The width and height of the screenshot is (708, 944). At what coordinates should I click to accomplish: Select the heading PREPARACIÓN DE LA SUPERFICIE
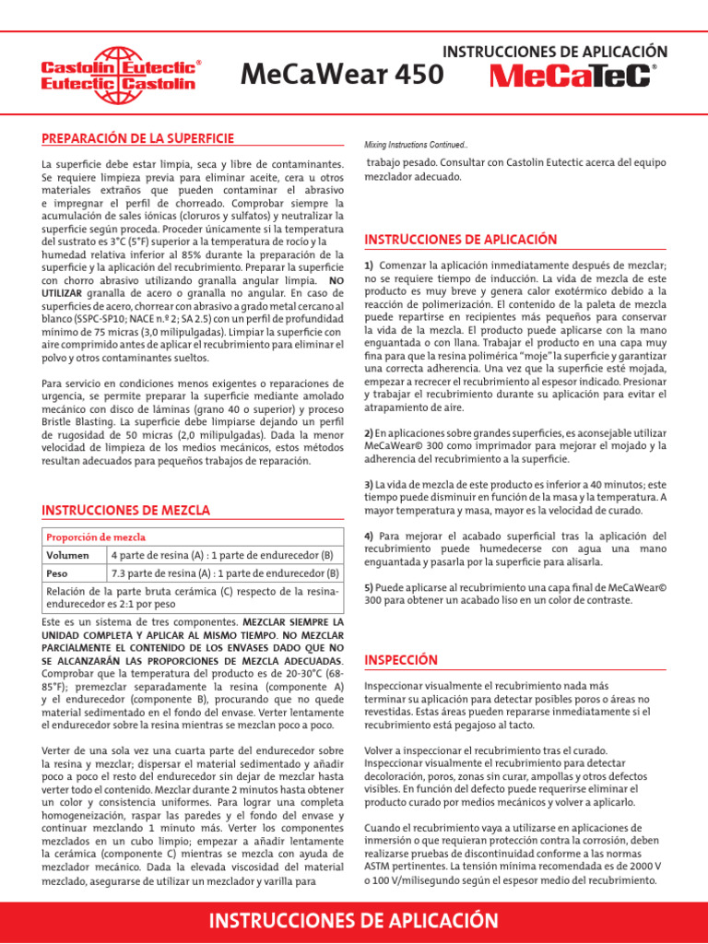pyautogui.click(x=138, y=138)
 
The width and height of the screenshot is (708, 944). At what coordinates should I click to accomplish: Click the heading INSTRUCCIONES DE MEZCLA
pyautogui.click(x=126, y=510)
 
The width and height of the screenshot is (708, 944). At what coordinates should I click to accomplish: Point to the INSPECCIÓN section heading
pyautogui.click(x=401, y=660)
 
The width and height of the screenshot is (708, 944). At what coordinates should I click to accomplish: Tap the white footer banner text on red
pyautogui.click(x=354, y=921)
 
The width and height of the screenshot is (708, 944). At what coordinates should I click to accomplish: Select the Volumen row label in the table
pyautogui.click(x=68, y=555)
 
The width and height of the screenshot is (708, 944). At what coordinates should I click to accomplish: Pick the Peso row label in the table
pyautogui.click(x=58, y=572)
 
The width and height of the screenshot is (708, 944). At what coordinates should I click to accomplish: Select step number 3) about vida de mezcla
pyautogui.click(x=369, y=484)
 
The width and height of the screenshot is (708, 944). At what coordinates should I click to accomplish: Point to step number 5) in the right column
pyautogui.click(x=369, y=587)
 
